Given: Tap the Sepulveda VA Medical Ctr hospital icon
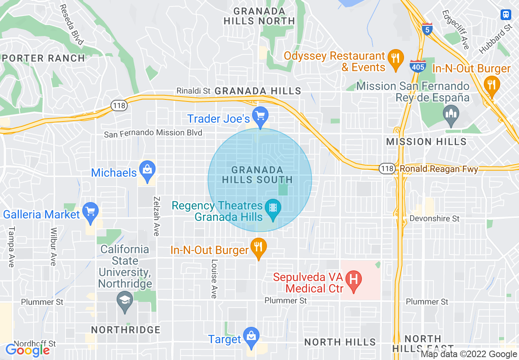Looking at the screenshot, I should [354, 281].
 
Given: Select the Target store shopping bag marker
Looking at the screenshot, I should [250, 337].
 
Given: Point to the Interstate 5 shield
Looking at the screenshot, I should [427, 29].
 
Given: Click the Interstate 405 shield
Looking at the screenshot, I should [417, 66].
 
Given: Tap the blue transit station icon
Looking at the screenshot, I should [506, 15].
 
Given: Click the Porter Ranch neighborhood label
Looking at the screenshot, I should [43, 58].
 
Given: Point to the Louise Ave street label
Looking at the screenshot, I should [214, 279].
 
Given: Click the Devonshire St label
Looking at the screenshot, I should [434, 218].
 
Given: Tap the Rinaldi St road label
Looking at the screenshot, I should [193, 90].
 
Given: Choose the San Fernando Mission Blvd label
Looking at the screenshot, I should [153, 133].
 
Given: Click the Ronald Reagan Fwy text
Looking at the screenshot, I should [439, 169].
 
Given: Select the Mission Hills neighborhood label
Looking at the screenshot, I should [426, 142].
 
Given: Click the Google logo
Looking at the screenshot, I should [27, 350].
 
